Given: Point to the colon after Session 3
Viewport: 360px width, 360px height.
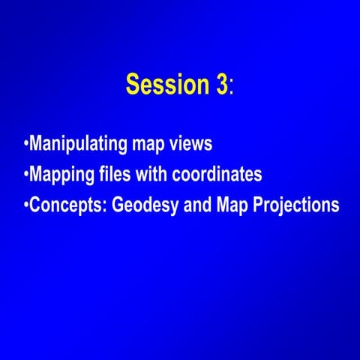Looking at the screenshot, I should (x=232, y=88).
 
